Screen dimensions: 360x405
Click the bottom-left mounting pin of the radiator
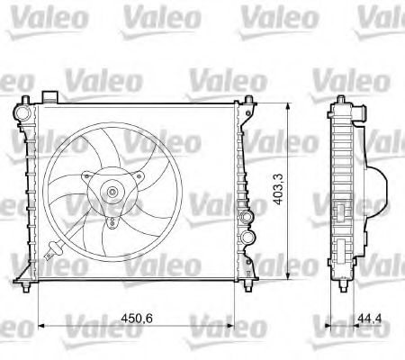33,286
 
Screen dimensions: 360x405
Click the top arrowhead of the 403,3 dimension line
286,104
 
